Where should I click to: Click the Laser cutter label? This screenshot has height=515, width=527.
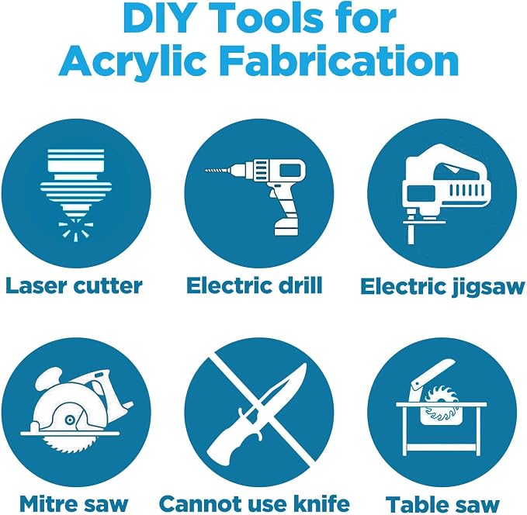pos(74,286)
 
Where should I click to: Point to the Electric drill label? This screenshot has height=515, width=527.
pos(255,285)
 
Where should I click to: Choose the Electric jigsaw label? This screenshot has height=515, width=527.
pos(442,287)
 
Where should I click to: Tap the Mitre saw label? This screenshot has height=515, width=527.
pos(74,504)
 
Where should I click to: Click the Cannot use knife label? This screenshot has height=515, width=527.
pos(255,504)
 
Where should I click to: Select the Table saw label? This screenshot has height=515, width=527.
pos(442,505)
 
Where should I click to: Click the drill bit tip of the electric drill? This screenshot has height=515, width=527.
pos(206,171)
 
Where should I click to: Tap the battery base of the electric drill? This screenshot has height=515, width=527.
pos(286,228)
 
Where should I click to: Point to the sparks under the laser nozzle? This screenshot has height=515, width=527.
pos(75,229)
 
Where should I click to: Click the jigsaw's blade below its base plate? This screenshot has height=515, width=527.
pos(411,234)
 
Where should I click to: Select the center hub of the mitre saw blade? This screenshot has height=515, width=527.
pos(70,420)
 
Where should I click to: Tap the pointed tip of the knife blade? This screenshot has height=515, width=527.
pos(305,364)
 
